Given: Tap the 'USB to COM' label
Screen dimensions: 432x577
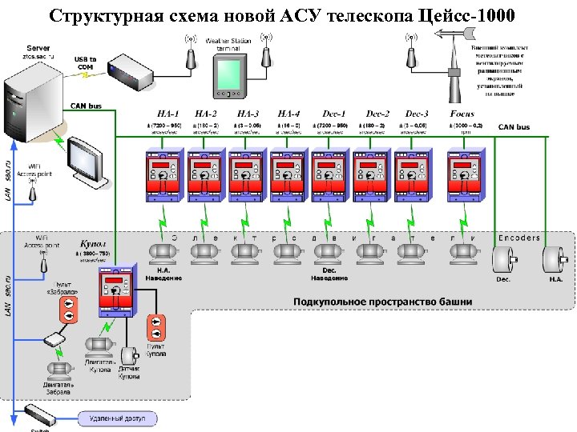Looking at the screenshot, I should [x=85, y=63].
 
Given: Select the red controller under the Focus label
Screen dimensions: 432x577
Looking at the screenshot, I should [x=462, y=175].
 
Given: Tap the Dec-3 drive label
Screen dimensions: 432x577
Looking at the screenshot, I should [x=417, y=114].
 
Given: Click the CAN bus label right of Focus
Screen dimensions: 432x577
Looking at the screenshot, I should [x=514, y=127].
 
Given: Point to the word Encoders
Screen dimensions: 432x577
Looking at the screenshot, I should [x=519, y=238].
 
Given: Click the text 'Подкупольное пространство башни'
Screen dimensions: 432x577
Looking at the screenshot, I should [x=382, y=302].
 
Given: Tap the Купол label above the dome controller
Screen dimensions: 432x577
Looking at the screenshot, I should [x=91, y=243].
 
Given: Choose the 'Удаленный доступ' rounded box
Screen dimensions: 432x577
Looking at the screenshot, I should [x=118, y=418].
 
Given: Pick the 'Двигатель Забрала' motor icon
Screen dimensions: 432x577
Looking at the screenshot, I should [x=58, y=370].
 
